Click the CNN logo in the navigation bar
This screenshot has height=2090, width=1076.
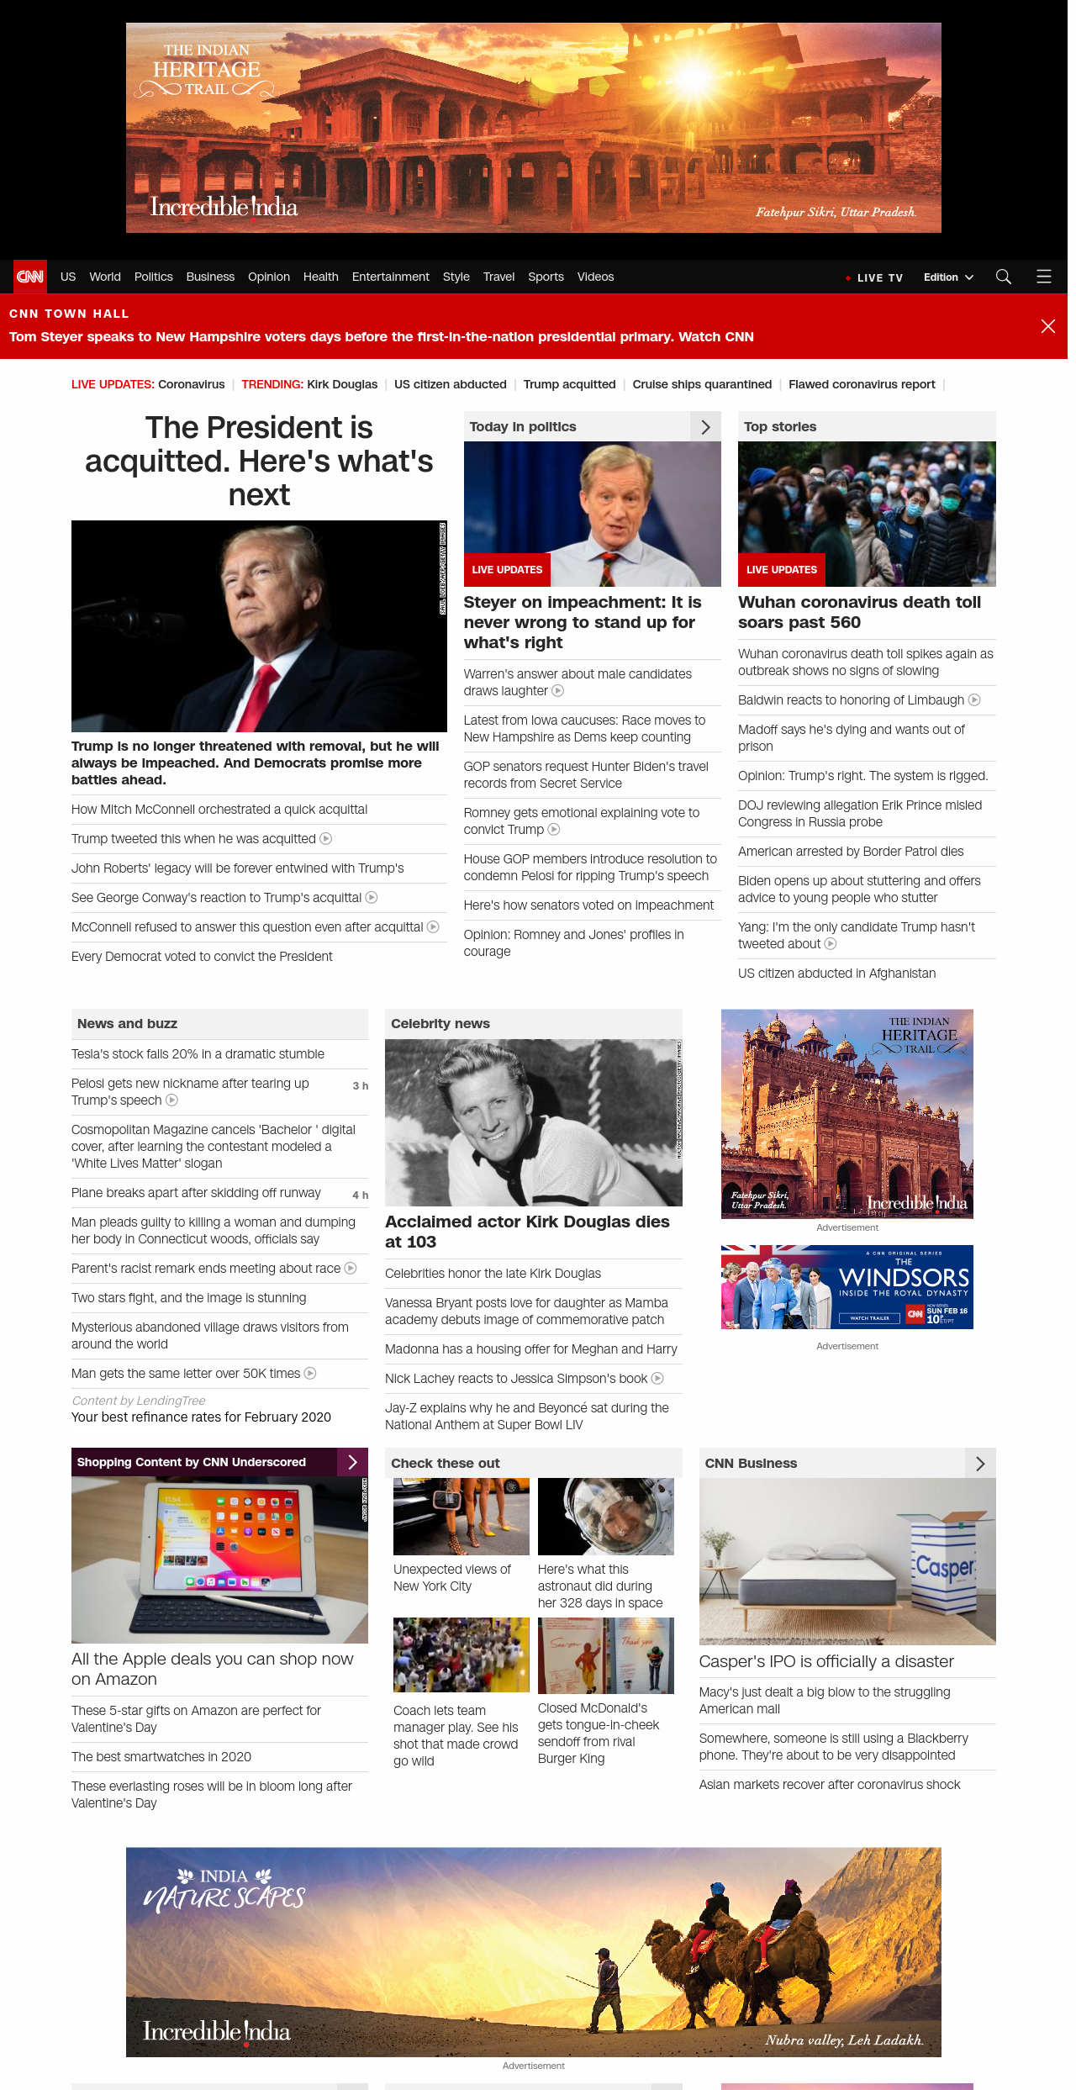30,277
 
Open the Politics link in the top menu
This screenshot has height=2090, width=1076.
153,277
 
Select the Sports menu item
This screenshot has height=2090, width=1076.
546,277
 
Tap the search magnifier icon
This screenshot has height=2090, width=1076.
1003,277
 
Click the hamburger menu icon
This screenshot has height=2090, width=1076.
1044,277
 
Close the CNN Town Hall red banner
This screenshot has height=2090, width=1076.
1047,326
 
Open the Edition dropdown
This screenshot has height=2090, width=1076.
948,277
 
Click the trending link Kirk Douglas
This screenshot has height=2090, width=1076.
342,384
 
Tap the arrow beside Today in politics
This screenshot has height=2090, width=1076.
705,427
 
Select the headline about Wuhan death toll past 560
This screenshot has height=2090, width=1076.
859,612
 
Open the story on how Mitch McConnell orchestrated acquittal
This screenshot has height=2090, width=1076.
219,810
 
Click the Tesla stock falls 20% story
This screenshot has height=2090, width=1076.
198,1054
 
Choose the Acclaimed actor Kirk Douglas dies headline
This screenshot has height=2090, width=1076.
527,1232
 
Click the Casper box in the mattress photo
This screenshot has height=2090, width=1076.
945,1565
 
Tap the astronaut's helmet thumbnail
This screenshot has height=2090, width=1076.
605,1517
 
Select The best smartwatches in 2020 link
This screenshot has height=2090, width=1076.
161,1757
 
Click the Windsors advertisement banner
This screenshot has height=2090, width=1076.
847,1287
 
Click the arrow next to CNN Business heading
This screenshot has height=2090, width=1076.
980,1464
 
